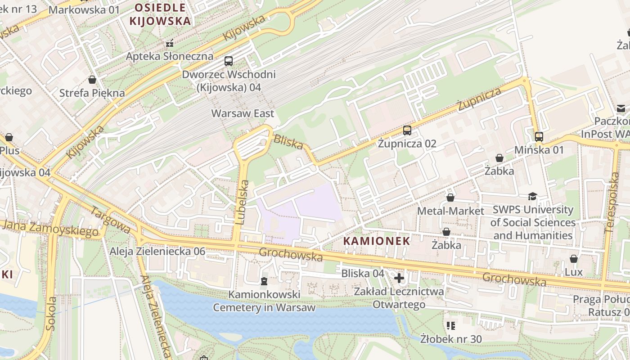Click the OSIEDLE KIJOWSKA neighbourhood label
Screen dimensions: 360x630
[x=160, y=14]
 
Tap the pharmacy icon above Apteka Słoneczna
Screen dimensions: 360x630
[x=170, y=43]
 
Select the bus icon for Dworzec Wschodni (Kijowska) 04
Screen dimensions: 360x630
[x=229, y=61]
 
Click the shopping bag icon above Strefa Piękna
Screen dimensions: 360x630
[x=92, y=80]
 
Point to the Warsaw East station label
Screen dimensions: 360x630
[x=243, y=113]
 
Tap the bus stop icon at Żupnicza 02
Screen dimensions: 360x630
[x=407, y=130]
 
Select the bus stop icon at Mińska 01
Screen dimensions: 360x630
[x=539, y=136]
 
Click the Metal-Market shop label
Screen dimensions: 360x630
[x=450, y=211]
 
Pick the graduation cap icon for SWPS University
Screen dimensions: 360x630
[x=533, y=196]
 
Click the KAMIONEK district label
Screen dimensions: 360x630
[x=377, y=241]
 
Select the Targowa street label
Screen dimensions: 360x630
[x=110, y=220]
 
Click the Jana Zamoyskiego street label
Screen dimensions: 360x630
[x=49, y=228]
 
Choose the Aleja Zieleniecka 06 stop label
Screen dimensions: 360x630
[x=157, y=251]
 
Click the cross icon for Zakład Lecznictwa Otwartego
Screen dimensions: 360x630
[x=399, y=278]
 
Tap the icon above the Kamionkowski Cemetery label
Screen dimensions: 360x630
[x=264, y=281]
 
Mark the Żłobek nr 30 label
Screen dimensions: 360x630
[x=451, y=338]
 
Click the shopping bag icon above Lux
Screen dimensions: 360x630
[x=573, y=259]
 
